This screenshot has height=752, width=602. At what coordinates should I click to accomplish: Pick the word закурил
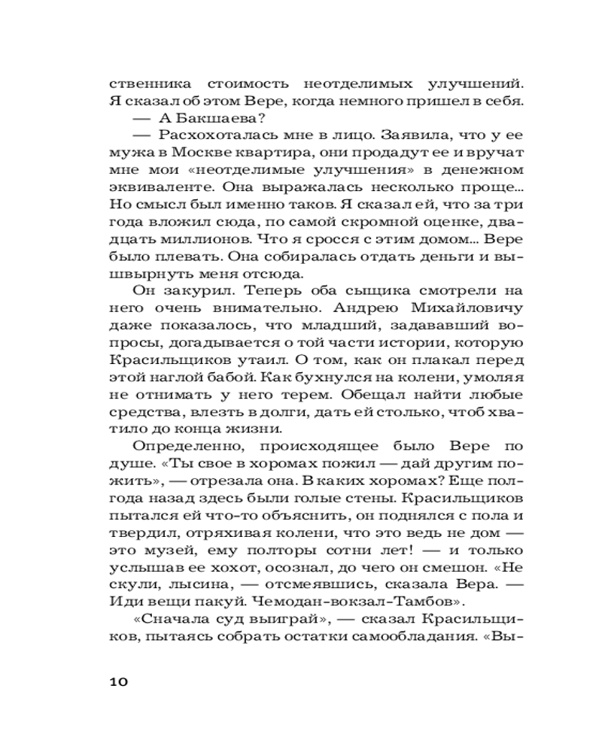[x=184, y=290]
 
